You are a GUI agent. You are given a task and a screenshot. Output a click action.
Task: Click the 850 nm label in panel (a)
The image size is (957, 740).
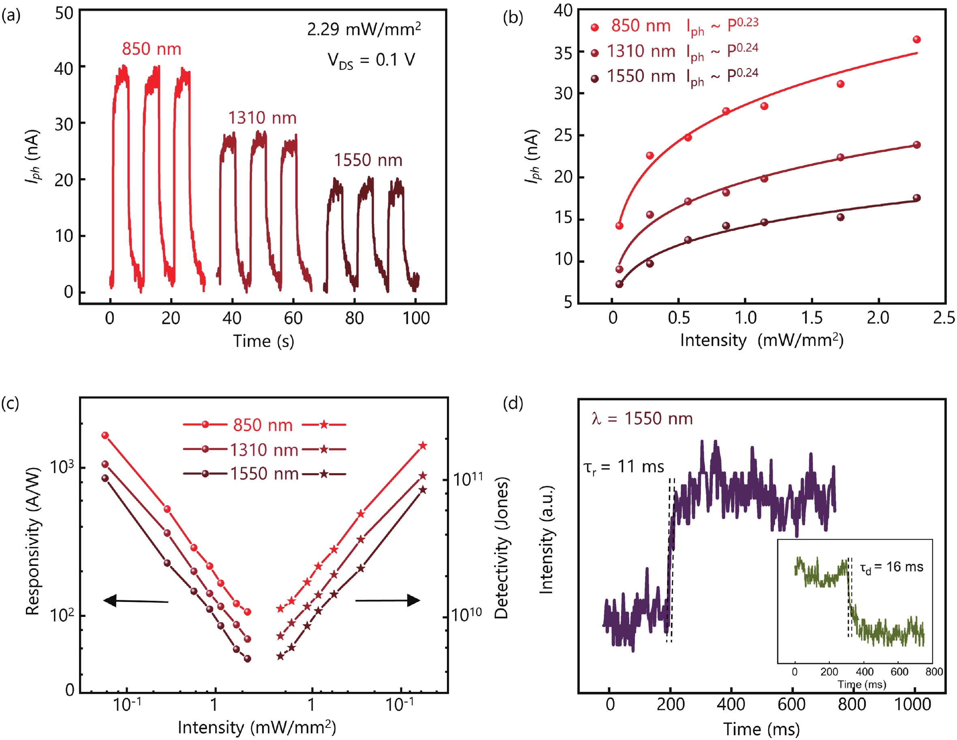pyautogui.click(x=151, y=49)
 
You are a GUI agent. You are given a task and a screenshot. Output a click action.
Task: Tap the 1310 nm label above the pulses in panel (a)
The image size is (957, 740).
pyautogui.click(x=262, y=118)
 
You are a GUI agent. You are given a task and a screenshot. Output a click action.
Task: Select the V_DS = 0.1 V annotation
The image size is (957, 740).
pyautogui.click(x=371, y=60)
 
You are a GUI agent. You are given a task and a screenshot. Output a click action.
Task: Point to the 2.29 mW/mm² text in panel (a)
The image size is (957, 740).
pyautogui.click(x=364, y=29)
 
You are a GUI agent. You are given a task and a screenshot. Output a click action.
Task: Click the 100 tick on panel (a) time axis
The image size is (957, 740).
pyautogui.click(x=416, y=318)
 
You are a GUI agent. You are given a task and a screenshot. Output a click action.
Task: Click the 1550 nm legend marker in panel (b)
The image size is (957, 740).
pyautogui.click(x=595, y=79)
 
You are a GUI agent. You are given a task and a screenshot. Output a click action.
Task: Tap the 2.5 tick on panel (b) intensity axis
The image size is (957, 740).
pyautogui.click(x=944, y=317)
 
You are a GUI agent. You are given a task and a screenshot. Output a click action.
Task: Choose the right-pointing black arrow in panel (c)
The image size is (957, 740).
pyautogui.click(x=388, y=600)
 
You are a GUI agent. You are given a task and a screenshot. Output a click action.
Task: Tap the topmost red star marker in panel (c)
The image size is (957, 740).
pyautogui.click(x=423, y=446)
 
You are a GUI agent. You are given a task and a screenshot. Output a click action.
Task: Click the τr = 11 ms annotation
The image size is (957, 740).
pyautogui.click(x=624, y=467)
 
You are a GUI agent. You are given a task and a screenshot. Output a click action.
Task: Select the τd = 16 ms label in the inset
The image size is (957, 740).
pyautogui.click(x=891, y=568)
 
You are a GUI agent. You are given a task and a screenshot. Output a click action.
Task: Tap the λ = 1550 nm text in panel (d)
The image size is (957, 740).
pyautogui.click(x=642, y=419)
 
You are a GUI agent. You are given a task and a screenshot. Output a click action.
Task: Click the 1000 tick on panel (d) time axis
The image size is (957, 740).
pyautogui.click(x=912, y=704)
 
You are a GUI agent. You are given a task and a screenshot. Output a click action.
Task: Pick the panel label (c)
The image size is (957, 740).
pyautogui.click(x=10, y=402)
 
